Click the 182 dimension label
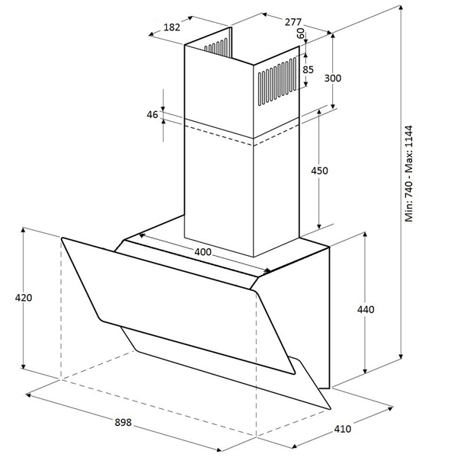coord(172,27)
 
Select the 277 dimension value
coord(292,22)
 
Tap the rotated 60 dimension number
coord(300,34)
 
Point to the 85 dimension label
coord(308,69)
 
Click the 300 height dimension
coord(333,78)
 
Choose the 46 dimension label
coord(152,115)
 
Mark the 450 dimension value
coord(319,171)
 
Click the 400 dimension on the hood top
coord(203,252)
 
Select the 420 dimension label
coord(24,298)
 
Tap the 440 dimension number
coord(366,309)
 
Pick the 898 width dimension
coord(123,422)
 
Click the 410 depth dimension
coord(343,429)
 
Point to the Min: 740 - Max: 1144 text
coord(409,174)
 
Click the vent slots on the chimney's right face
coord(277,81)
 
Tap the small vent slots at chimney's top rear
coord(216,46)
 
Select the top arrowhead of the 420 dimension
coord(23,230)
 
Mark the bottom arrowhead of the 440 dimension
coord(365,370)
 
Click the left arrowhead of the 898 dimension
coord(29,395)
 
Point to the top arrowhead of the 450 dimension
coord(319,113)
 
